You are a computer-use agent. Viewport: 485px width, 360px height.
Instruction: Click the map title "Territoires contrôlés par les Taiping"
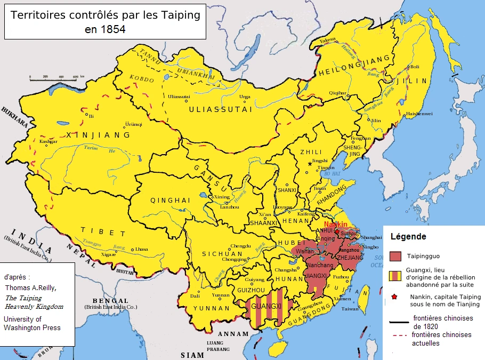106,15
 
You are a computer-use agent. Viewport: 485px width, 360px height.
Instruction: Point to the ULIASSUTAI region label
213,109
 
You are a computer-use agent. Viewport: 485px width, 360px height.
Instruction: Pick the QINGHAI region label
170,201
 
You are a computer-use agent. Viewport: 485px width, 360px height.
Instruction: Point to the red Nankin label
336,224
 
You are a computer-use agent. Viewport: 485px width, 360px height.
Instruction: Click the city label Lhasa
141,249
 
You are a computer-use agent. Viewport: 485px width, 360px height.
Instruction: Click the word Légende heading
408,236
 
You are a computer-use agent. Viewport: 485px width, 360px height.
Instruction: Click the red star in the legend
394,297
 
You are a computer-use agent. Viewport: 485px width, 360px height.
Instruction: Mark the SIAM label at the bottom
192,355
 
